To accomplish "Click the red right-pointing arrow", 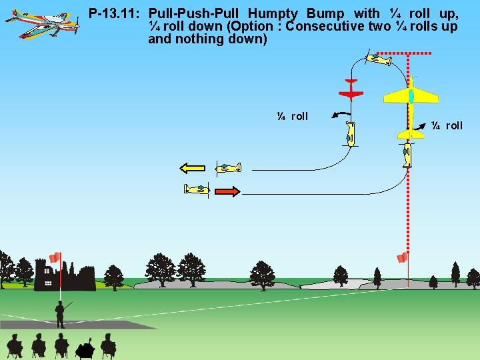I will pyautogui.click(x=227, y=191).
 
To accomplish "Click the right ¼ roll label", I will pyautogui.click(x=447, y=125).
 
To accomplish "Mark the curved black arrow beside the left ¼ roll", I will pyautogui.click(x=341, y=115).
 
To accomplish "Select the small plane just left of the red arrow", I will pyautogui.click(x=197, y=190).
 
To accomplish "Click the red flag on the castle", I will pyautogui.click(x=55, y=257).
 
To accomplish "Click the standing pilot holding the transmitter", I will pyautogui.click(x=60, y=313).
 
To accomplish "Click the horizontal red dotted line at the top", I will pyautogui.click(x=399, y=52).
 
